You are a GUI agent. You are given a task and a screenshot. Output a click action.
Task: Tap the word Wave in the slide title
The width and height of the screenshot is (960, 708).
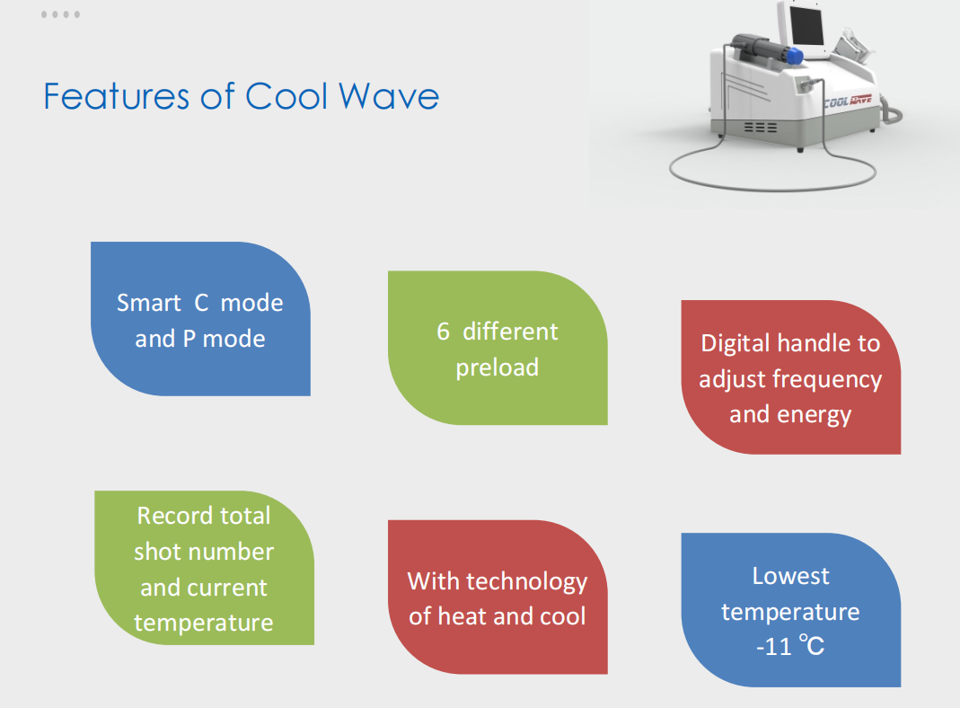click(x=389, y=96)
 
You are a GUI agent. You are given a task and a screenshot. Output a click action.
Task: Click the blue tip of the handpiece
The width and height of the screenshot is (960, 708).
click(x=794, y=56)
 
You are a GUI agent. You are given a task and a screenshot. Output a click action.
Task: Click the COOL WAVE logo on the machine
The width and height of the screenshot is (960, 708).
click(x=848, y=101)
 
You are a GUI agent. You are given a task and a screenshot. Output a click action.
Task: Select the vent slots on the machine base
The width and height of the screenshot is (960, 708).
click(x=761, y=128)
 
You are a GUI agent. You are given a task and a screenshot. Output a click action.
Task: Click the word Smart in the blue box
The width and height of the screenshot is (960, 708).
click(x=149, y=303)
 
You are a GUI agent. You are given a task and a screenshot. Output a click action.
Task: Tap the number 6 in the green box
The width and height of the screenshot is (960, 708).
click(x=444, y=332)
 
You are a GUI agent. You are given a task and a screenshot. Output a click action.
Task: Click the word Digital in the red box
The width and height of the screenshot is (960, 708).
click(x=735, y=343)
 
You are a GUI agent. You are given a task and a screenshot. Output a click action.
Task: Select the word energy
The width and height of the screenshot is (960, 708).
click(x=815, y=415)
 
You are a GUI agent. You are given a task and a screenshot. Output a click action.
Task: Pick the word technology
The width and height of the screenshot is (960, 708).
click(x=526, y=582)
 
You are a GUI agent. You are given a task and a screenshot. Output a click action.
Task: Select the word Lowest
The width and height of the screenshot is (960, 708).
click(x=790, y=576)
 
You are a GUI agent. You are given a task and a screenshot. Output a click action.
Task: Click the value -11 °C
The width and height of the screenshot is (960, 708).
click(x=790, y=646)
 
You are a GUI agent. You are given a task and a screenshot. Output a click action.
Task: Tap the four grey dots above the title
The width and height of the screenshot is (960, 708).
click(x=60, y=14)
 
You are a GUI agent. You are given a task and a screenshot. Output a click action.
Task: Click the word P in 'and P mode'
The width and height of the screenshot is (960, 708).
click(x=189, y=339)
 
